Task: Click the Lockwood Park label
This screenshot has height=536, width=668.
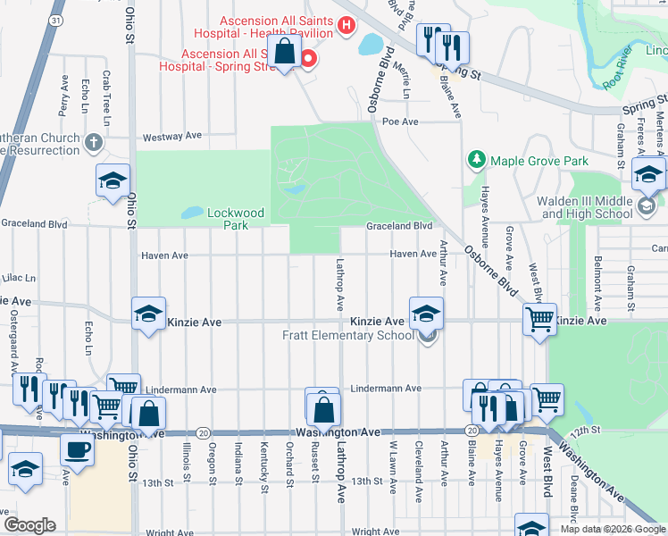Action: (236, 214)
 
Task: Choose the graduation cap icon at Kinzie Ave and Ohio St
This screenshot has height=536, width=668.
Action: (148, 314)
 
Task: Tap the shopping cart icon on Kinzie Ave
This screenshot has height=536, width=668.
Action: (539, 318)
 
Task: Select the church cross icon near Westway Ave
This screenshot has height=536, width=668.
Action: (94, 142)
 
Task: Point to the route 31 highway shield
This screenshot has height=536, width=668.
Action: (56, 19)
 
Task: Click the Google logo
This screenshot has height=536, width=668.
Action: (29, 524)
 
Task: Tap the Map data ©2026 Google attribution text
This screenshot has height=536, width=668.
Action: (613, 529)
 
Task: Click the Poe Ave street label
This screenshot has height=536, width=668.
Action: (400, 121)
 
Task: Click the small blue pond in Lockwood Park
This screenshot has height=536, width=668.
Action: (190, 214)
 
